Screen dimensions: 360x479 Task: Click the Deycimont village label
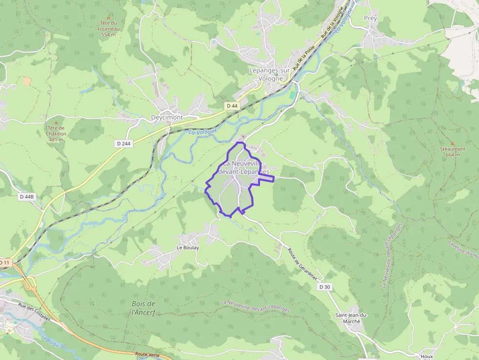click(167, 118)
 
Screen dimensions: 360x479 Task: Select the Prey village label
click(370, 19)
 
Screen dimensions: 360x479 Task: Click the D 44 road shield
click(232, 106)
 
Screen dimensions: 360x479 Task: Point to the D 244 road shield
click(125, 144)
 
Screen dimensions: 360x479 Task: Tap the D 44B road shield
click(27, 196)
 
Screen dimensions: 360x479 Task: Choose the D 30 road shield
click(325, 287)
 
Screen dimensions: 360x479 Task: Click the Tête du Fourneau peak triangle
click(109, 17)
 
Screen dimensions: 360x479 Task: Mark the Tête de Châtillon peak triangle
click(56, 122)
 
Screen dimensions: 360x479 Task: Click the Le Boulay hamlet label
click(188, 248)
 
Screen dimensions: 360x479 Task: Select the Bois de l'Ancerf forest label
click(144, 308)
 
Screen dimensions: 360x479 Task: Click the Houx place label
click(426, 357)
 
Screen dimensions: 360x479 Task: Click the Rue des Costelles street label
click(34, 311)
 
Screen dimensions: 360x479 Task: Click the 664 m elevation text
click(453, 155)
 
